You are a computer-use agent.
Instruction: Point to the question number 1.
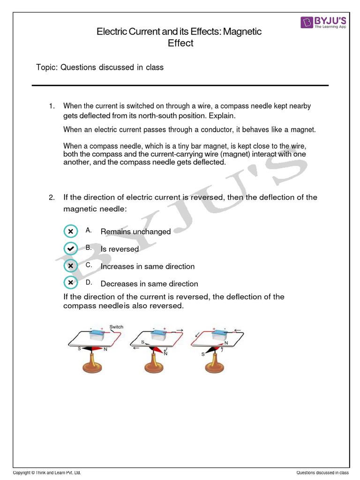[x=52, y=106]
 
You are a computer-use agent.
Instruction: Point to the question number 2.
[x=52, y=197]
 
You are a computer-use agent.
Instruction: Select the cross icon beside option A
[x=70, y=232]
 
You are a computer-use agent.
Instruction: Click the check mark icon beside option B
[x=70, y=248]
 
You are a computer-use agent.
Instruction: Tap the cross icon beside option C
[x=70, y=266]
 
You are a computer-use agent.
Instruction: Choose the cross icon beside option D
[x=70, y=283]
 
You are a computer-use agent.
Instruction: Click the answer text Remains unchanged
[x=135, y=232]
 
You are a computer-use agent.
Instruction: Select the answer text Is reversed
[x=120, y=249]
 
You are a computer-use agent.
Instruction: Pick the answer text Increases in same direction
[x=147, y=266]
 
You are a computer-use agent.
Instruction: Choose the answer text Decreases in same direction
[x=149, y=284]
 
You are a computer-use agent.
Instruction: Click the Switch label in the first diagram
[x=116, y=327]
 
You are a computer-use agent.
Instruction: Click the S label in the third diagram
[x=203, y=354]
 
